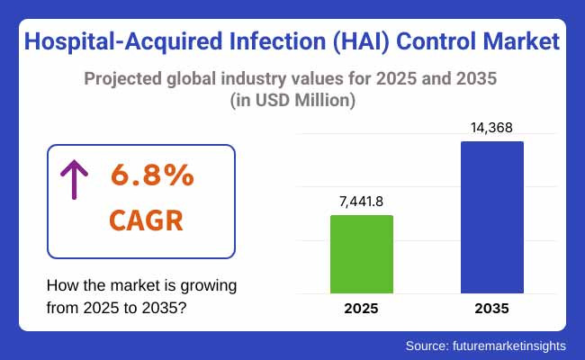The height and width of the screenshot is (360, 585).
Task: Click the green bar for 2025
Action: click(362, 254)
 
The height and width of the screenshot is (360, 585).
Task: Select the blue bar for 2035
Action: click(491, 217)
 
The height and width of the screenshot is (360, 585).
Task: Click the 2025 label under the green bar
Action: click(362, 308)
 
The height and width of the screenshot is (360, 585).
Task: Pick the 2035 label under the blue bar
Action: click(491, 308)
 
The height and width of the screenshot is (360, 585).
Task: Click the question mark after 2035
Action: click(183, 306)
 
